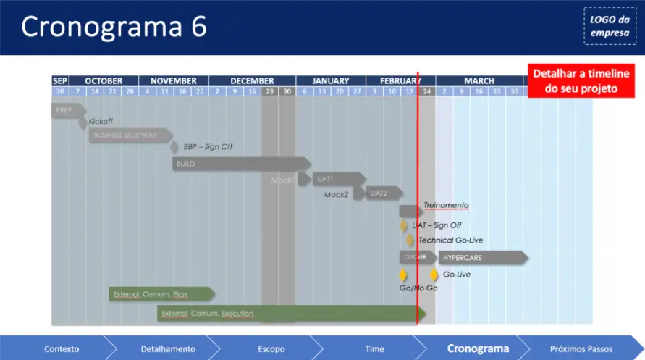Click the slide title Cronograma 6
pos(114,27)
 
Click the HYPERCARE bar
pos(481,258)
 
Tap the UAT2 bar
pos(383,193)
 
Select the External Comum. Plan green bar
pos(161,294)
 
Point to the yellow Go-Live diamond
pos(434,275)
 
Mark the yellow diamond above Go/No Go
pos(403,275)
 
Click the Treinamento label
pos(446,206)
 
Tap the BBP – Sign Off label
pos(208,147)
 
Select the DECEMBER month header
pos(252,81)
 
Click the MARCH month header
pos(479,81)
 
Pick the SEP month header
pos(60,81)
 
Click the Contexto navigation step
pos(62,348)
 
